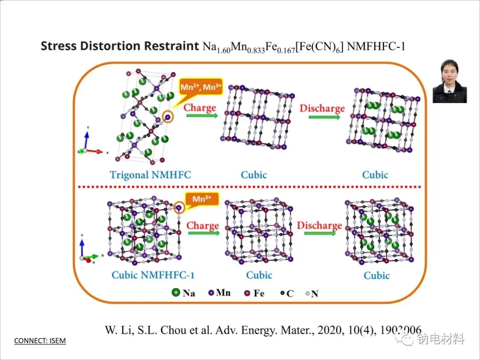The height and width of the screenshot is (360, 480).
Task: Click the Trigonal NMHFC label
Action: (150, 174)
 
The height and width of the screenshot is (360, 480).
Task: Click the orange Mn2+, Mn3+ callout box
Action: (200, 87)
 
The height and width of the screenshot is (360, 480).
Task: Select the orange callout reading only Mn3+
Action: (202, 199)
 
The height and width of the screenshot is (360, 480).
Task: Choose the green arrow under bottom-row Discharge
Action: (320, 234)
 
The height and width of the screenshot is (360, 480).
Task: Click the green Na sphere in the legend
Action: (176, 293)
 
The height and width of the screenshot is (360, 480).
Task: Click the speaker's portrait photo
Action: (449, 82)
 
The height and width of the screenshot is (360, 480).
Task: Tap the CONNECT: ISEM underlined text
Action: (40, 341)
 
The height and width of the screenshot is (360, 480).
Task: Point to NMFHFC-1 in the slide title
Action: (376, 46)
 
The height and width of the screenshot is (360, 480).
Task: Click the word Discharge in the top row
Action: (322, 108)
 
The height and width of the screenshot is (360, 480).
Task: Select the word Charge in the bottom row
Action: (203, 225)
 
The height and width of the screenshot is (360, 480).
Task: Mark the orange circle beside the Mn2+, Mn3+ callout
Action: (168, 117)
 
